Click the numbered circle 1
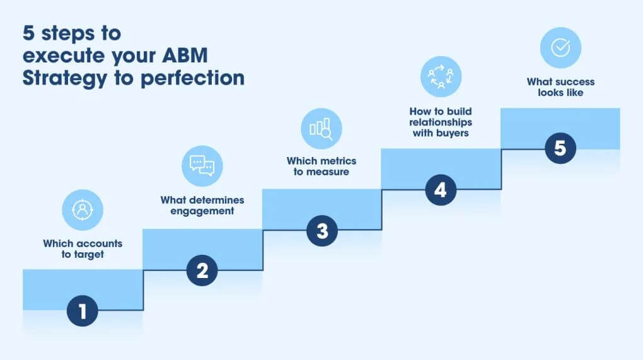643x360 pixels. tap(83, 310)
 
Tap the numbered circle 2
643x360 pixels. tap(202, 270)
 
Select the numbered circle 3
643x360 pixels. tap(322, 231)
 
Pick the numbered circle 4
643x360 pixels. tap(441, 190)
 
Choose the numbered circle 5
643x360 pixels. tap(560, 149)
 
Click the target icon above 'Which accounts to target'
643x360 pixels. tap(82, 210)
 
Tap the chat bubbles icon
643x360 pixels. tap(202, 166)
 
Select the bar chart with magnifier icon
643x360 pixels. tap(321, 129)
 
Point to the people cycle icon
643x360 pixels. tap(441, 76)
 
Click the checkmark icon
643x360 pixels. tap(560, 48)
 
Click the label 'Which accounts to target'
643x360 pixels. tap(83, 249)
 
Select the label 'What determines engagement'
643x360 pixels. tap(202, 206)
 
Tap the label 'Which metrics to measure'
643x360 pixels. tap(321, 166)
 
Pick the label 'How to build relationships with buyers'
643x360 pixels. tap(441, 121)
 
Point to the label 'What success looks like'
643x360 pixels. tap(560, 87)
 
